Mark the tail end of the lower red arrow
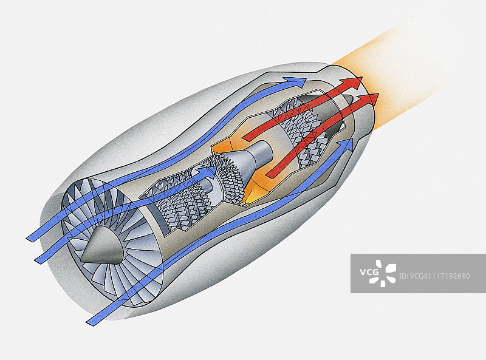click(271, 174)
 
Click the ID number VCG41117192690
click(433, 276)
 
